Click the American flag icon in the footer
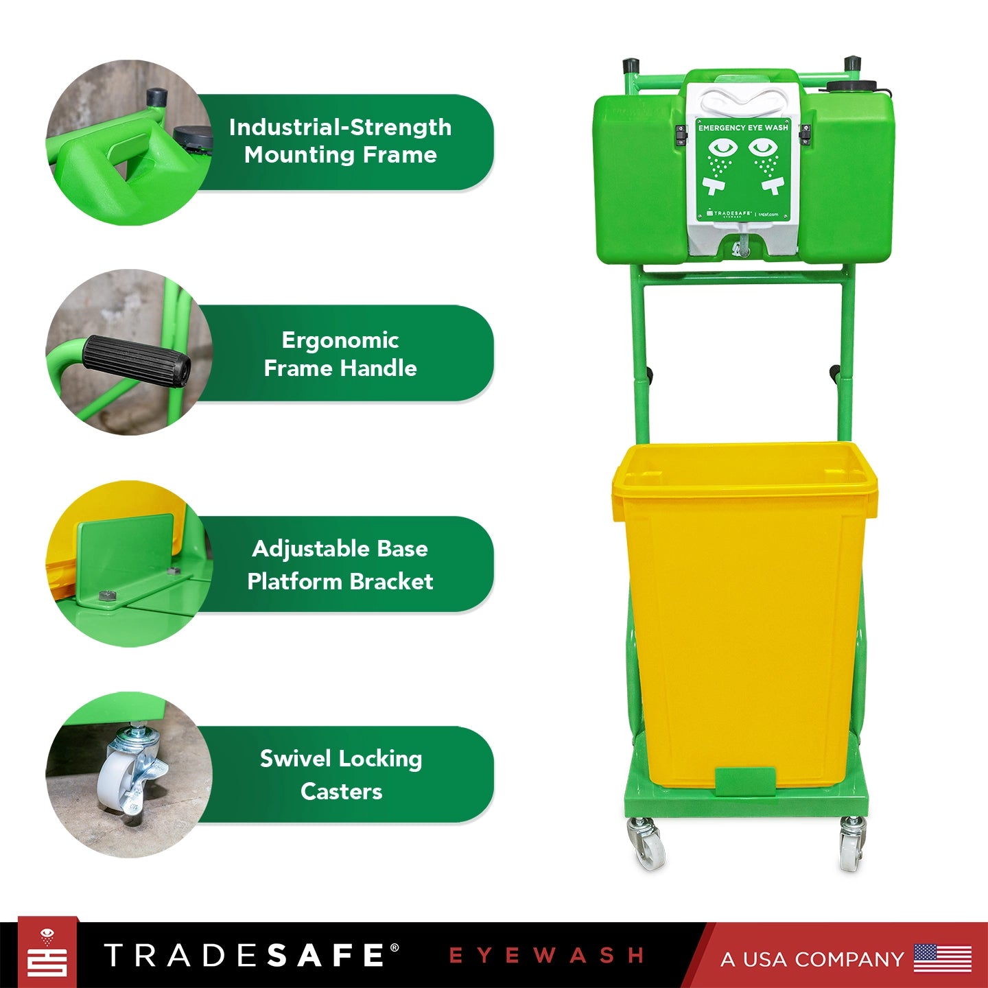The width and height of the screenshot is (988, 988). [942, 958]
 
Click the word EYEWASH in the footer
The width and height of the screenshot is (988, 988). [546, 956]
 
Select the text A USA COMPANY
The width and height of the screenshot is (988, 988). [812, 959]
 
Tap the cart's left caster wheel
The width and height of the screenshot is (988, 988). [647, 844]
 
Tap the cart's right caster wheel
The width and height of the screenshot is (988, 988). [851, 844]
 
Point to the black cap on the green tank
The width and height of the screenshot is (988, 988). [851, 86]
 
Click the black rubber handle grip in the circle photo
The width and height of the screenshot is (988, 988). [137, 360]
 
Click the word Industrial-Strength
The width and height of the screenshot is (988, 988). [340, 128]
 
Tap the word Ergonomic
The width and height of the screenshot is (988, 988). [340, 340]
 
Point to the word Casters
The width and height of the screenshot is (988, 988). [341, 792]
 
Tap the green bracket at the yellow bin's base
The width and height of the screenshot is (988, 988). [745, 781]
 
